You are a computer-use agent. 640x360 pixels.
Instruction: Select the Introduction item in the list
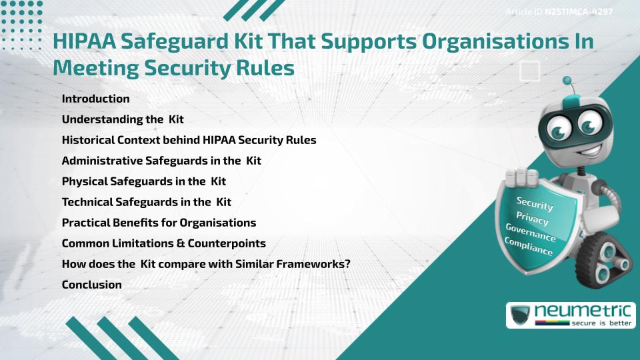(x=95, y=99)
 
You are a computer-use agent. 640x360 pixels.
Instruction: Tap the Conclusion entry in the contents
(x=91, y=285)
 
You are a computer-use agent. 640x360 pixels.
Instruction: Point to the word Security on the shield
(x=535, y=203)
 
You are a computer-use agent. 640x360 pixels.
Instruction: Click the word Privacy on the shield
(x=532, y=218)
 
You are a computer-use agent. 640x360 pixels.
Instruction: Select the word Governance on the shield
(x=530, y=233)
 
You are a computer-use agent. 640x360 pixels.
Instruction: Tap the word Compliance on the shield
(x=529, y=246)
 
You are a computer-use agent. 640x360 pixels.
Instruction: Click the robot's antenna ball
(x=568, y=81)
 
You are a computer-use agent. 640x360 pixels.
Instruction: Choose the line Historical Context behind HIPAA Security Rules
(x=189, y=140)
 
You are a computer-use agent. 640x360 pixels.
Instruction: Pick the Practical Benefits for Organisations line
(x=159, y=222)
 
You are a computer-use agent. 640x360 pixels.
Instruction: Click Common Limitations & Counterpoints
(x=163, y=243)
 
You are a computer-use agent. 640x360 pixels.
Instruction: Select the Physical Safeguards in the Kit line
(x=144, y=181)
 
